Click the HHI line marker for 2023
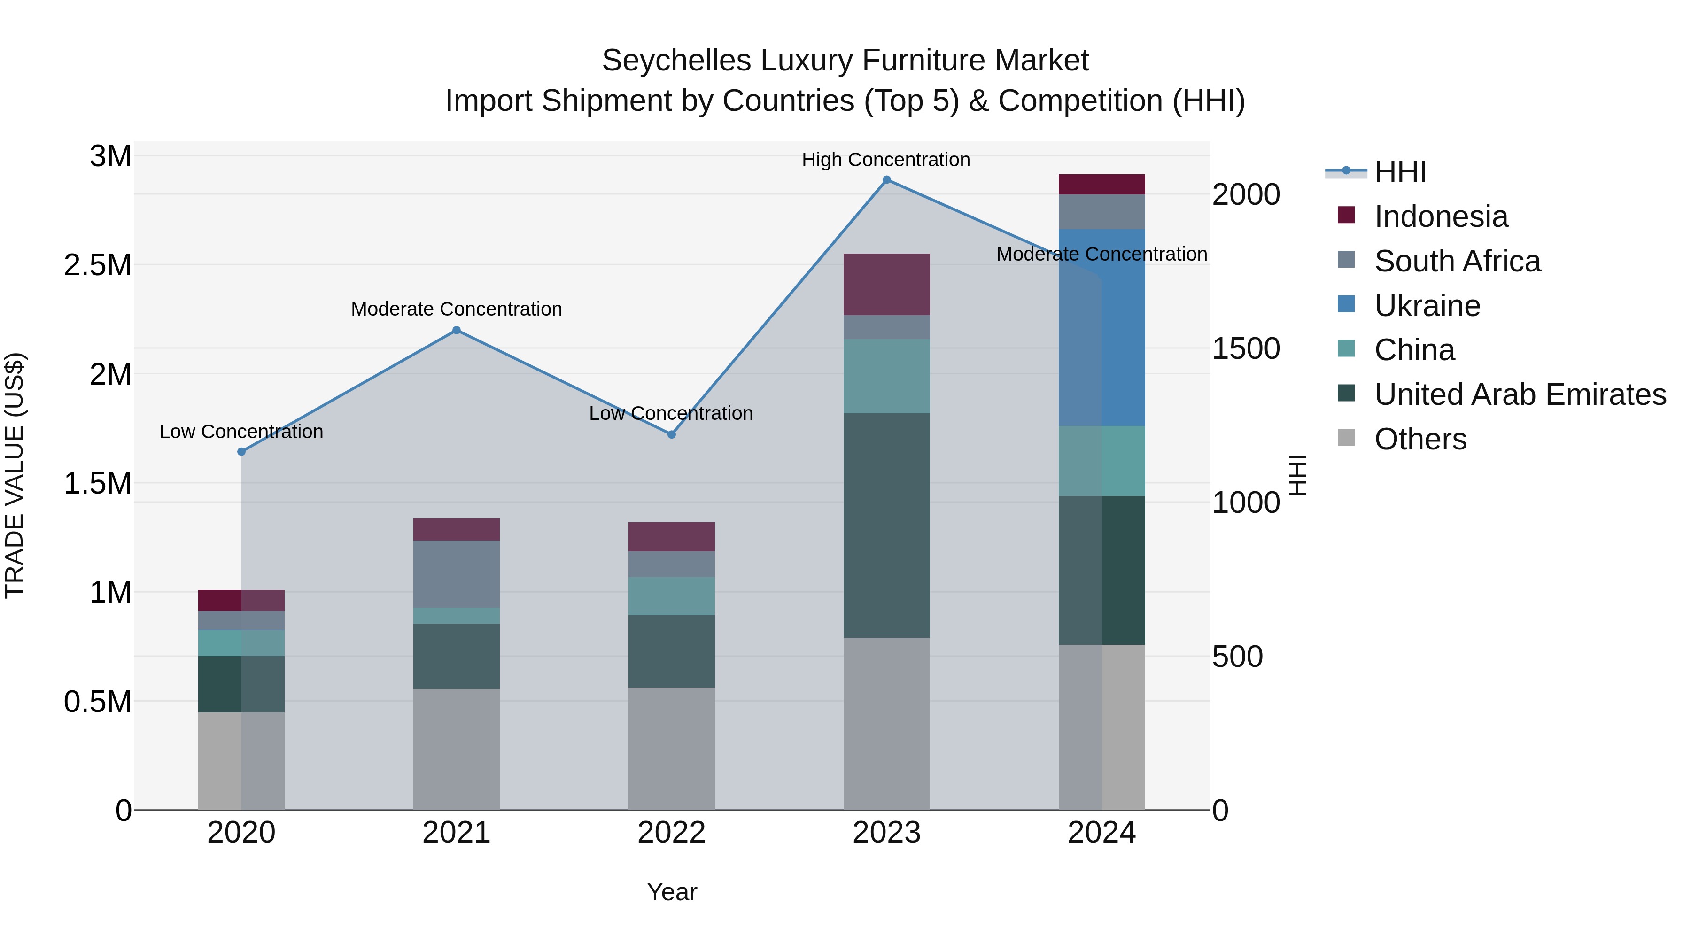[x=886, y=180]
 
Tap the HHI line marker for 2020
[x=241, y=451]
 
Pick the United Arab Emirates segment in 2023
[x=886, y=525]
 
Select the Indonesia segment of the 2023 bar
[x=886, y=284]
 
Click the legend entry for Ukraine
[x=1427, y=306]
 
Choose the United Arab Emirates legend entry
[x=1520, y=395]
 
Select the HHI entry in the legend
[x=1400, y=172]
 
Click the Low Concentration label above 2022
[x=670, y=413]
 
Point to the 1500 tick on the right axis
[x=1245, y=348]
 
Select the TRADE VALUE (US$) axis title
[x=15, y=475]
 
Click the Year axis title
[x=672, y=892]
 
